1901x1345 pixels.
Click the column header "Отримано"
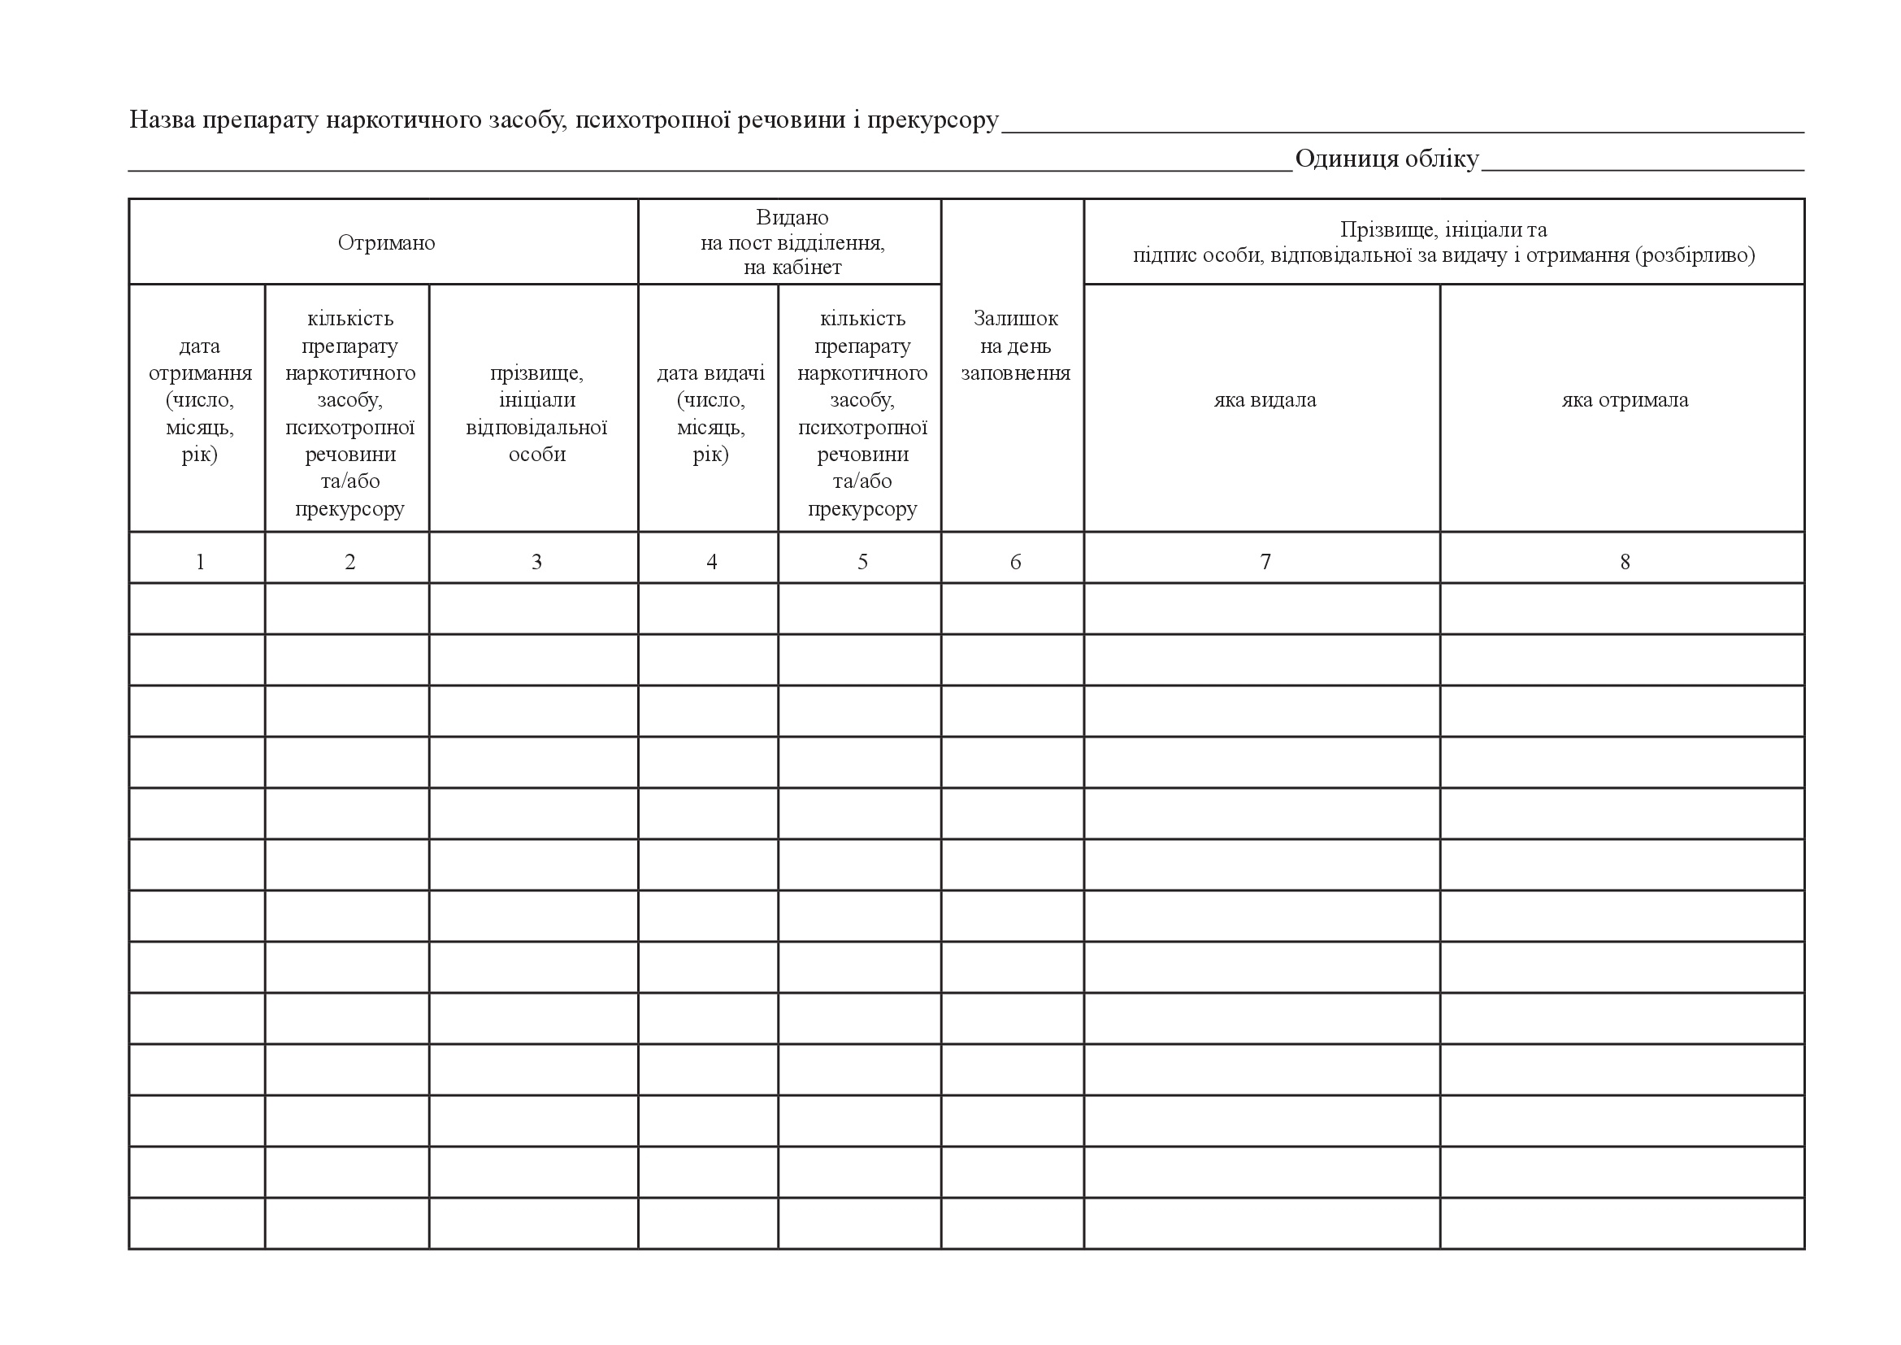coord(386,242)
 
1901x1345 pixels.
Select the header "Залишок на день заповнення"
coord(1015,346)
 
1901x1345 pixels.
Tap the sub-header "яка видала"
coord(1265,400)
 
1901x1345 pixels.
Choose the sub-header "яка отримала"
coord(1625,400)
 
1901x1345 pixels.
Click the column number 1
coord(200,563)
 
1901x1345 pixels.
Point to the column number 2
coord(349,563)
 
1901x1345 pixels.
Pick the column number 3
coord(536,563)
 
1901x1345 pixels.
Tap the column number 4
coord(711,563)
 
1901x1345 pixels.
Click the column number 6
coord(1015,563)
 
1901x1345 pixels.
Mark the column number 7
coord(1265,563)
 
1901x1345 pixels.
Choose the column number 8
coord(1625,563)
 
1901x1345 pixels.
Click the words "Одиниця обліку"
coord(1387,159)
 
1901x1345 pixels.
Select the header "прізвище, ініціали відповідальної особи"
coord(536,413)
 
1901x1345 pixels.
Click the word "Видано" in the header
coord(792,217)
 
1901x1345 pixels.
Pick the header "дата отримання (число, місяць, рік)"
coord(200,400)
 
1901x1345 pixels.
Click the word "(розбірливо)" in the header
coord(1695,255)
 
